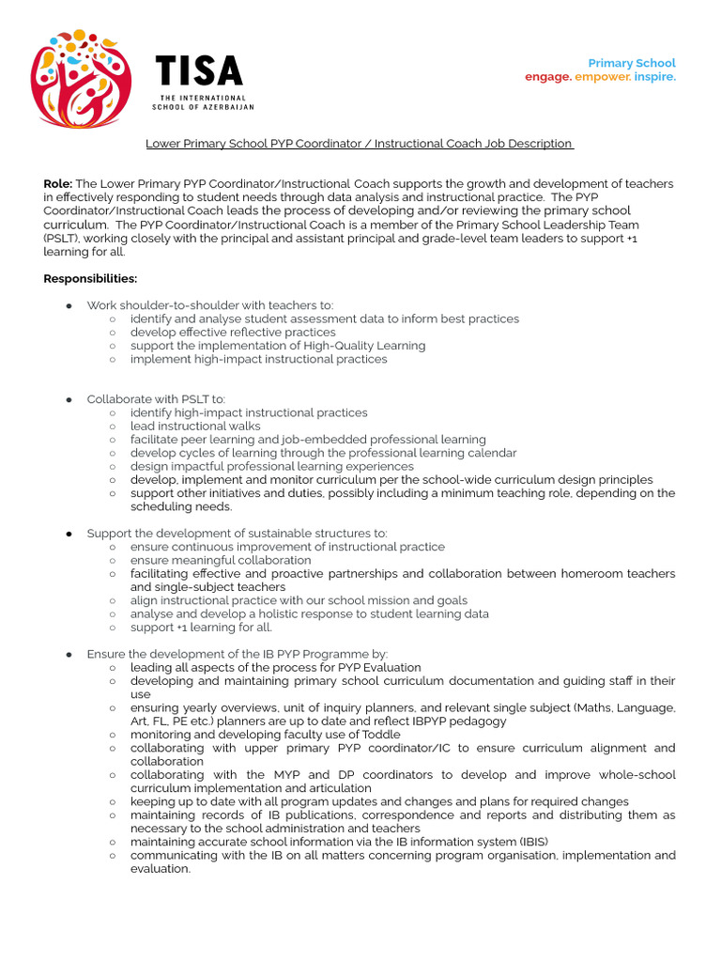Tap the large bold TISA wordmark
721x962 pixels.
(198, 71)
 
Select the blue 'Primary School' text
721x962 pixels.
(631, 63)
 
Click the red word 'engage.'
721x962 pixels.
(548, 77)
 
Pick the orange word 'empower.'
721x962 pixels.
(603, 77)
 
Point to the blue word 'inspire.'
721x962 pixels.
(654, 77)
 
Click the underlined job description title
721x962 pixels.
(360, 144)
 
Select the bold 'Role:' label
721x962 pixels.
(58, 184)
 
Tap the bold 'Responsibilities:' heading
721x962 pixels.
(90, 279)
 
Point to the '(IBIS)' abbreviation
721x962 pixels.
(530, 842)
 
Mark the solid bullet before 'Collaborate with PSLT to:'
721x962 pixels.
(69, 399)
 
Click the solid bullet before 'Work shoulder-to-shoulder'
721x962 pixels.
(69, 305)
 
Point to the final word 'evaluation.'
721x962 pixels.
(161, 869)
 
